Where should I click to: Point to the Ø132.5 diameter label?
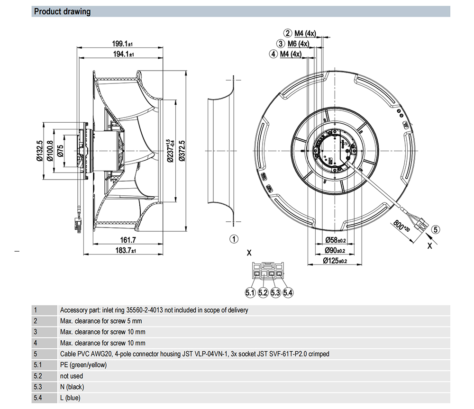point(40,151)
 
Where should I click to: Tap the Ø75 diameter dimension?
point(60,151)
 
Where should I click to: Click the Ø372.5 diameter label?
point(182,151)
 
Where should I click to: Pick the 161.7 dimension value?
point(128,240)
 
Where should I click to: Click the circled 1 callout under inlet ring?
point(234,238)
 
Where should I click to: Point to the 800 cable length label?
point(401,227)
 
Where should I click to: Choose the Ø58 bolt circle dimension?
point(334,240)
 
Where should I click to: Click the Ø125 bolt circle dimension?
point(334,261)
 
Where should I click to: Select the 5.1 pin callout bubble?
point(250,293)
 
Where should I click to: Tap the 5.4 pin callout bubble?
point(288,293)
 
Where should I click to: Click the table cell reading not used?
point(72,376)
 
